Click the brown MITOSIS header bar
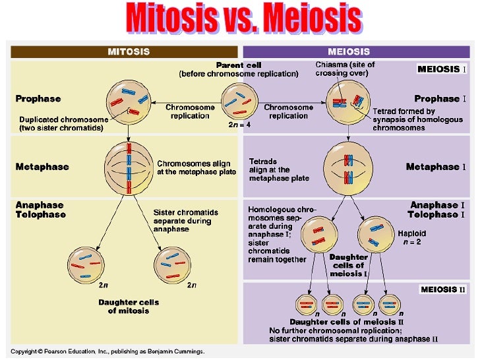(124, 51)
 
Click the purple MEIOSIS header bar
(356, 51)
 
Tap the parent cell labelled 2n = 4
(240, 102)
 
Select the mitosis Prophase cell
(129, 102)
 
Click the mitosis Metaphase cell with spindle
(129, 169)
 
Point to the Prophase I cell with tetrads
(348, 102)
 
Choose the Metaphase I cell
(348, 168)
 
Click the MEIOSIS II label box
(443, 289)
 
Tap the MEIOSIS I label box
(442, 69)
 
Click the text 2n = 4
(239, 125)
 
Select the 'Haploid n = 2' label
(411, 237)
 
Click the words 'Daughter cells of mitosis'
(129, 307)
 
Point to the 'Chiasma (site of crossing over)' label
(345, 69)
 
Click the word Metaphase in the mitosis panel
(42, 167)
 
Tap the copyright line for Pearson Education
(107, 351)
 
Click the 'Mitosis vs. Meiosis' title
(244, 18)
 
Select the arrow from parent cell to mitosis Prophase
(186, 103)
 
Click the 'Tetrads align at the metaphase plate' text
(279, 170)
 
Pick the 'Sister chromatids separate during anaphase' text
(186, 221)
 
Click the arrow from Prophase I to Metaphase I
(348, 133)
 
